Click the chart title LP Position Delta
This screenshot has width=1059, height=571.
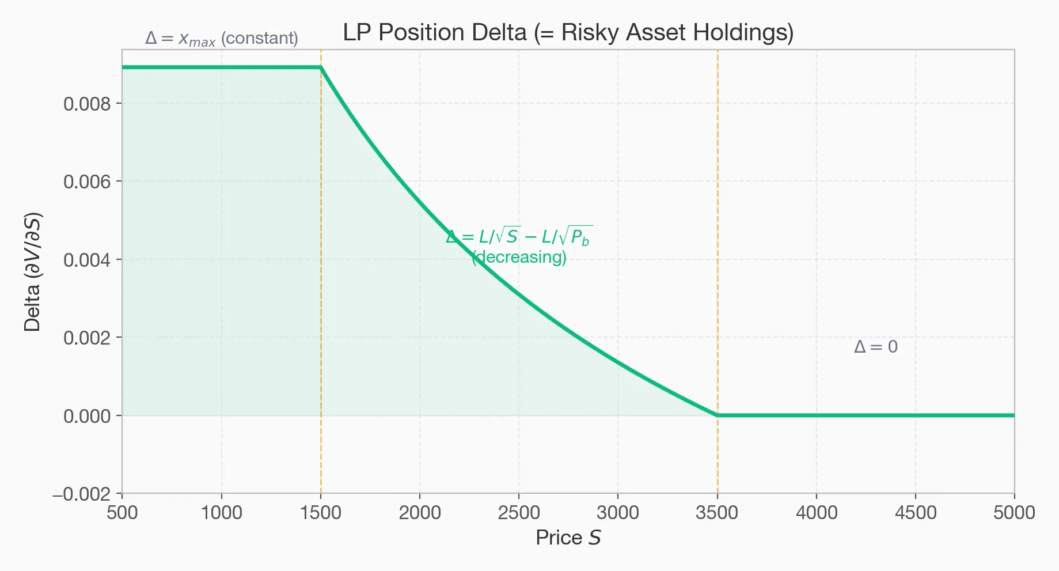(x=568, y=33)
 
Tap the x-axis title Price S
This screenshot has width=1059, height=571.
(x=568, y=538)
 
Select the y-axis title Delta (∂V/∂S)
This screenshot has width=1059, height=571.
(x=33, y=272)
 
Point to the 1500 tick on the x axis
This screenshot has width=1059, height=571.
(x=321, y=512)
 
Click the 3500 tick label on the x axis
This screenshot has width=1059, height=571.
(x=717, y=512)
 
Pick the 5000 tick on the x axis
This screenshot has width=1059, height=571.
(x=1014, y=512)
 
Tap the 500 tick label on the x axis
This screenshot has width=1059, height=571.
(x=122, y=512)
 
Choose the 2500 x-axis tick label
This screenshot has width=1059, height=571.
(x=519, y=512)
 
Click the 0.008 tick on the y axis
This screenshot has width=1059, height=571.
(x=87, y=104)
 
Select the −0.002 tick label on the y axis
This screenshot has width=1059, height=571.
(x=82, y=494)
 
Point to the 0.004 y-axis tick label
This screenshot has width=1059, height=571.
(x=87, y=260)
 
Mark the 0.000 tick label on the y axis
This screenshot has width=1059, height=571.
(x=87, y=416)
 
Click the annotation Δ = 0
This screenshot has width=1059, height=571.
(x=876, y=347)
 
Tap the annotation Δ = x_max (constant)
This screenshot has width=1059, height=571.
(x=222, y=39)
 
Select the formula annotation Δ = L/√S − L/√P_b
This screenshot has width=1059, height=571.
(x=519, y=236)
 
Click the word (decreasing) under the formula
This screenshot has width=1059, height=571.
(x=519, y=257)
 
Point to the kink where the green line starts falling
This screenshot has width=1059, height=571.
(x=321, y=67)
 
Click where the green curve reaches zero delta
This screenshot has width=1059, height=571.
(x=717, y=415)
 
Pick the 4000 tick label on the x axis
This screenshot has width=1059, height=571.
(x=816, y=512)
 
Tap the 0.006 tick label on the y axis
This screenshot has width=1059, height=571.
(x=87, y=182)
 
